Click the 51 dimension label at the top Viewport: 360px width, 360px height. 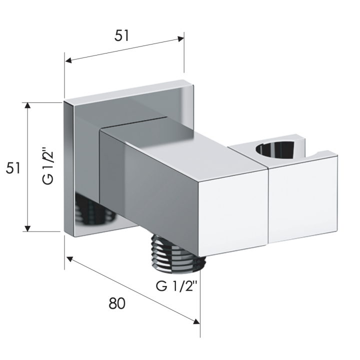(122, 36)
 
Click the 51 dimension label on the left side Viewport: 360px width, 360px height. (13, 168)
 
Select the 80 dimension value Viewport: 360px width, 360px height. (117, 303)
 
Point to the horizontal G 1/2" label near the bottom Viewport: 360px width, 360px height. (176, 286)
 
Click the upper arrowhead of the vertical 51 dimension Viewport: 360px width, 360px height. (27, 105)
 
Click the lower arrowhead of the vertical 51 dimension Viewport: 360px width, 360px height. (27, 228)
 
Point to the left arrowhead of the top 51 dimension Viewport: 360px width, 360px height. (68, 60)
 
